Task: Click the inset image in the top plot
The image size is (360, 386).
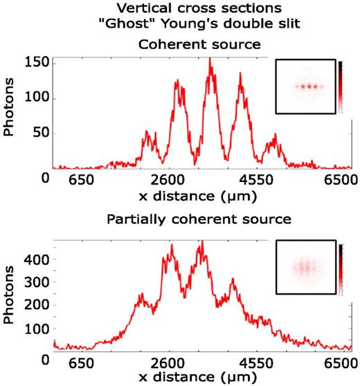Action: [x=304, y=86]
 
